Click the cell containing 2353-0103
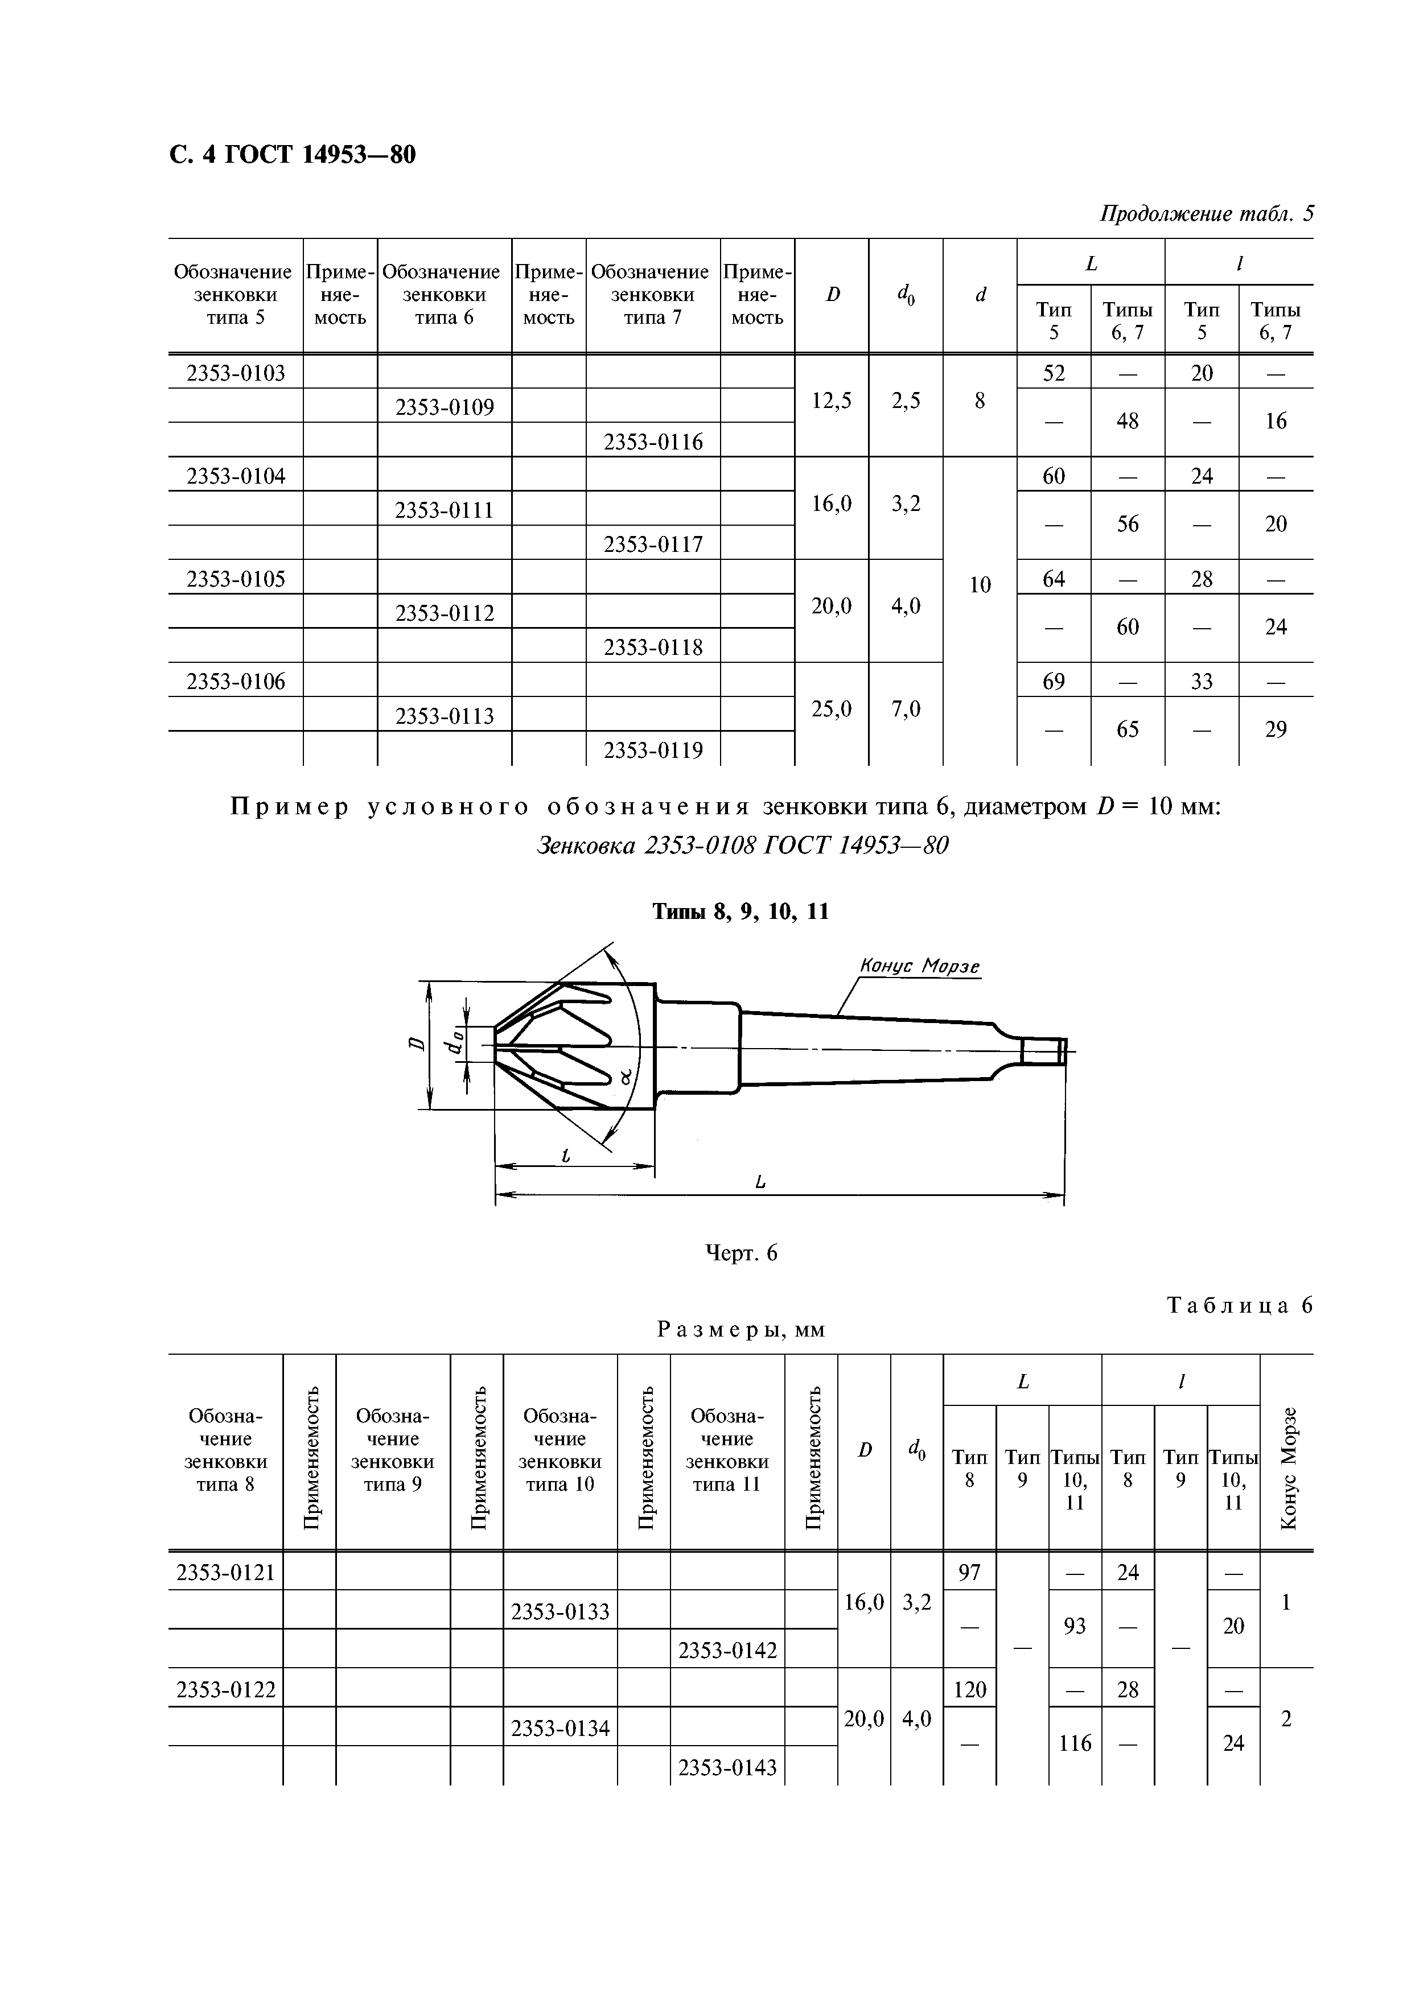click(x=236, y=373)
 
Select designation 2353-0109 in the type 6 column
click(x=445, y=407)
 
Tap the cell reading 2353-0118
click(x=653, y=647)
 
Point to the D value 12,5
click(x=831, y=400)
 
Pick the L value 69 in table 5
click(x=1053, y=681)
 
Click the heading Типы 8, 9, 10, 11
click(x=741, y=912)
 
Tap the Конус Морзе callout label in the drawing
click(x=920, y=966)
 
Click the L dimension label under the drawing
click(x=760, y=1181)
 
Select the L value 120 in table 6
click(x=969, y=1689)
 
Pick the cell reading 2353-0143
click(x=727, y=1767)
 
